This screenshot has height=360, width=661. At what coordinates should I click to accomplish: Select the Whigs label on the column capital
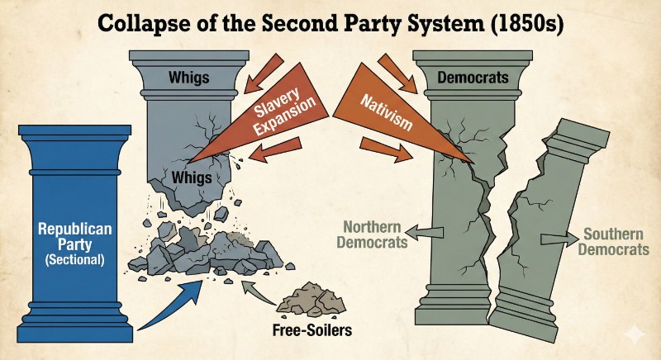click(x=189, y=78)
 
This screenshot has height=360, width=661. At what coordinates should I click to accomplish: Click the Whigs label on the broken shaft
click(x=192, y=178)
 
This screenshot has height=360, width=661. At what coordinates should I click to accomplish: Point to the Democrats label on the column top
click(x=473, y=78)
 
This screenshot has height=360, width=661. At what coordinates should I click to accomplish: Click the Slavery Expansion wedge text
click(x=283, y=111)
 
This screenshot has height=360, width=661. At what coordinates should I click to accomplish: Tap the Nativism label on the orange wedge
click(x=387, y=113)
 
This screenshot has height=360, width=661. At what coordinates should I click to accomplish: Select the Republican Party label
click(x=74, y=237)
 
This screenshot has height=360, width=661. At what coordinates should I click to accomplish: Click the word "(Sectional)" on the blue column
click(x=74, y=259)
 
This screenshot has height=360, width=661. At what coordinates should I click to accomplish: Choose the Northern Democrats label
click(x=373, y=234)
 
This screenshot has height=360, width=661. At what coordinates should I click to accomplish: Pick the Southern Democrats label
click(x=613, y=241)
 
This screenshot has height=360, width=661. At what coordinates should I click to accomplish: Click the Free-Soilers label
click(x=312, y=329)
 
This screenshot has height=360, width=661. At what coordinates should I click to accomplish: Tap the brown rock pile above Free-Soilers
click(x=311, y=300)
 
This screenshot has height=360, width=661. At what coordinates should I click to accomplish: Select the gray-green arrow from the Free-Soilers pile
click(x=259, y=292)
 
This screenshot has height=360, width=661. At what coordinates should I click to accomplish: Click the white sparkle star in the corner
click(x=635, y=334)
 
